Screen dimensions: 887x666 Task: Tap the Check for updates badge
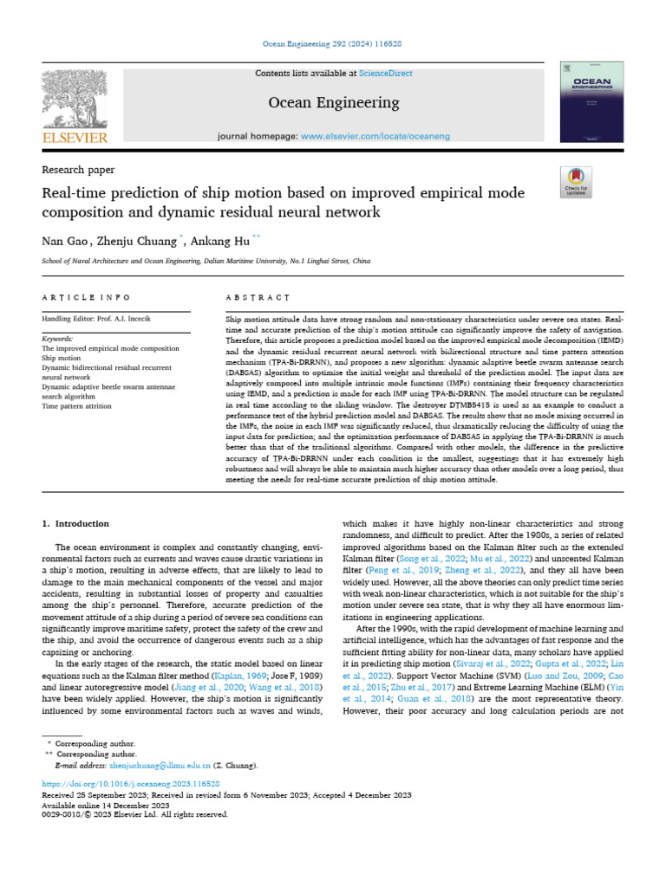coord(576,181)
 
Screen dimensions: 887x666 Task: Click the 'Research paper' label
coord(78,170)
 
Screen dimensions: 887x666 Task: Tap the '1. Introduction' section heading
coord(76,524)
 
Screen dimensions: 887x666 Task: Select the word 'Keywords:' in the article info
coord(58,339)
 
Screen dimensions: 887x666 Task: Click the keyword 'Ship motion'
coord(62,358)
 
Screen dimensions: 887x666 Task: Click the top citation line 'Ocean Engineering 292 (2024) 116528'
coord(333,43)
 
